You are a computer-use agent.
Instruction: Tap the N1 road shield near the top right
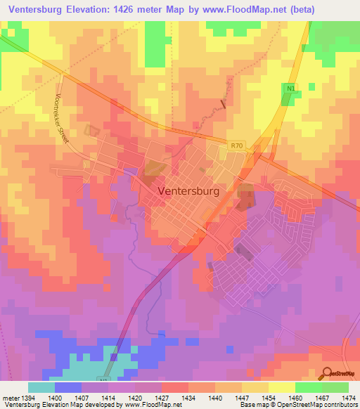[x=290, y=88]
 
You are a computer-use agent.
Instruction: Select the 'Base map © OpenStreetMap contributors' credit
[x=298, y=405]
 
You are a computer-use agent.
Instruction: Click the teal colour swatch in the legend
[x=41, y=387]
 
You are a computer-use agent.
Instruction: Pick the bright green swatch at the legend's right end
[x=335, y=387]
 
